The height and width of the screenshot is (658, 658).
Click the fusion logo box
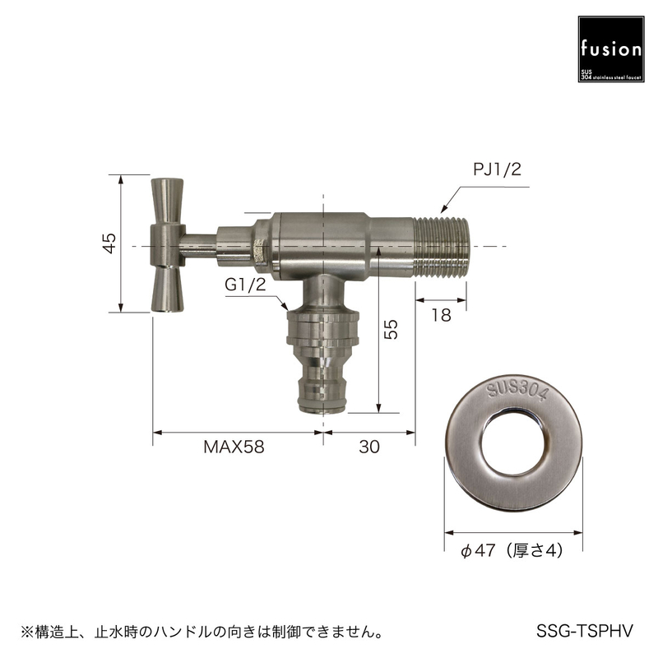[x=610, y=49]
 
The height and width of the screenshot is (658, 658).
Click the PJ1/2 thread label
[x=497, y=169]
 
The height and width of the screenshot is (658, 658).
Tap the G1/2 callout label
[x=245, y=285]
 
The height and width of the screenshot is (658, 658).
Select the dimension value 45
[x=109, y=243]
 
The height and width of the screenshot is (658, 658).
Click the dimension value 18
[x=441, y=315]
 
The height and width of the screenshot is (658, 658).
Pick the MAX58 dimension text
[x=234, y=447]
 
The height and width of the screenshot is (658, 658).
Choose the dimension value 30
[x=369, y=447]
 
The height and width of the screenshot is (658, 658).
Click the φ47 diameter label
[x=479, y=550]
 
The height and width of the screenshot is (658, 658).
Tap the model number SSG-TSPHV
[x=584, y=631]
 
